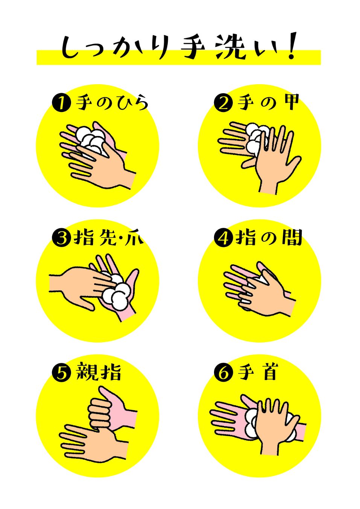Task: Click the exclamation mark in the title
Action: [292, 46]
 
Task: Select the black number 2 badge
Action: [223, 103]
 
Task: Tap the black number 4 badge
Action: [223, 238]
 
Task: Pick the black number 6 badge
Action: [223, 373]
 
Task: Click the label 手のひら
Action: [112, 103]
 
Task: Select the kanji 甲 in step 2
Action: [292, 102]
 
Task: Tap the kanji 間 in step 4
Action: [292, 238]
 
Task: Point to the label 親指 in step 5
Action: [99, 372]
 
